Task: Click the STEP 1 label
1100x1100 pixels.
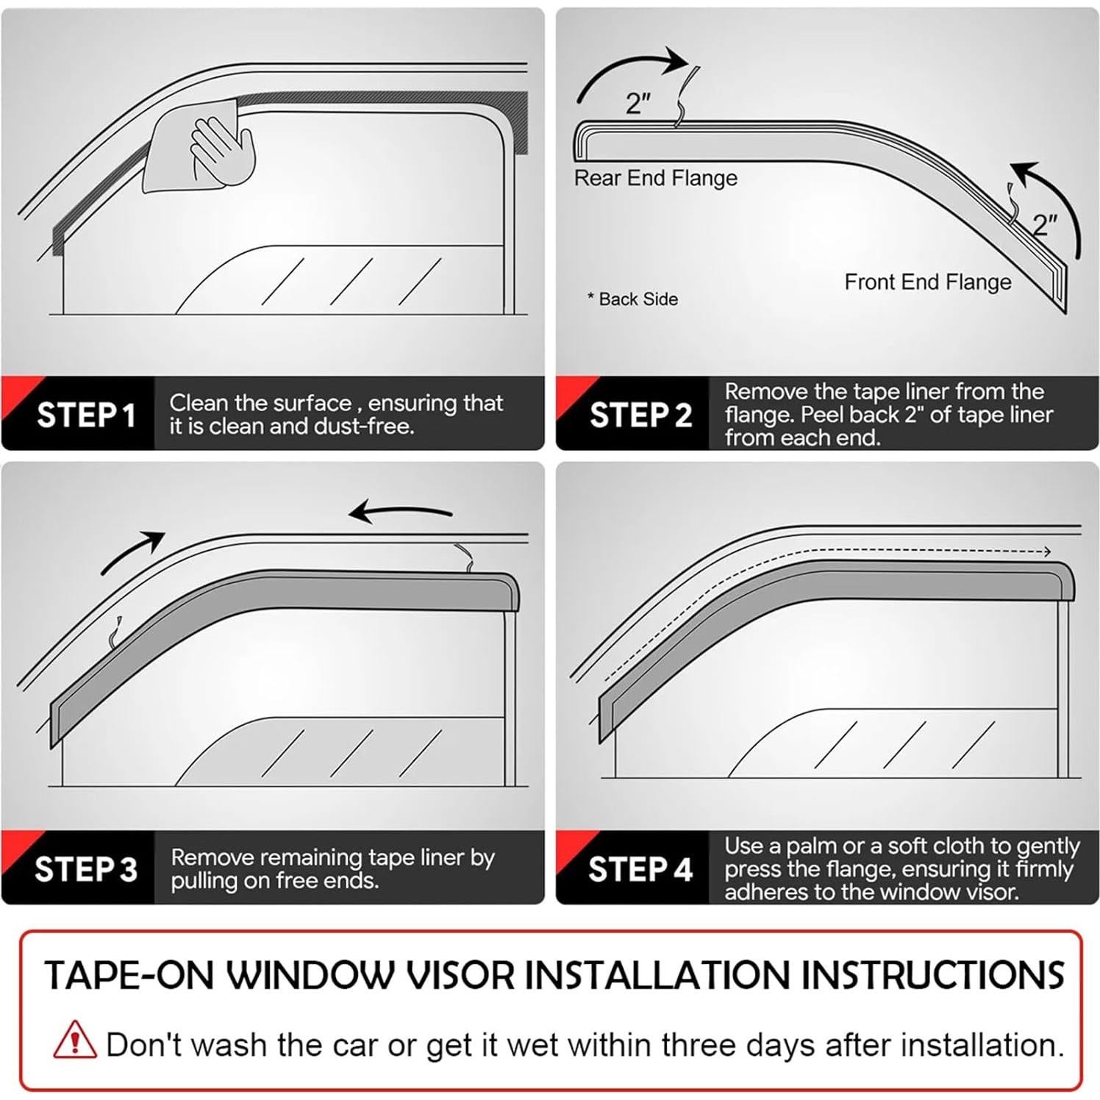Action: (86, 415)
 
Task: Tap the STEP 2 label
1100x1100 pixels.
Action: (640, 415)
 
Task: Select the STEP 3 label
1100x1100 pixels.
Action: (86, 869)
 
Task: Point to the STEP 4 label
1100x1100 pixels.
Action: (640, 869)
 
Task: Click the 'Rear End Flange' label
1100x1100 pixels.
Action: (655, 178)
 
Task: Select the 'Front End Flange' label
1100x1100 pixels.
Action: (927, 282)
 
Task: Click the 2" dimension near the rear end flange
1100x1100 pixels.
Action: (638, 104)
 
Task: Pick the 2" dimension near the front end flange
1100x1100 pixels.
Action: (1045, 224)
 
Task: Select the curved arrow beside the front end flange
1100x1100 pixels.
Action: (1051, 206)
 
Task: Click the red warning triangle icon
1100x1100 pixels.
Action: (74, 1040)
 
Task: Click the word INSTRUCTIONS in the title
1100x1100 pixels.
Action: (932, 976)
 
